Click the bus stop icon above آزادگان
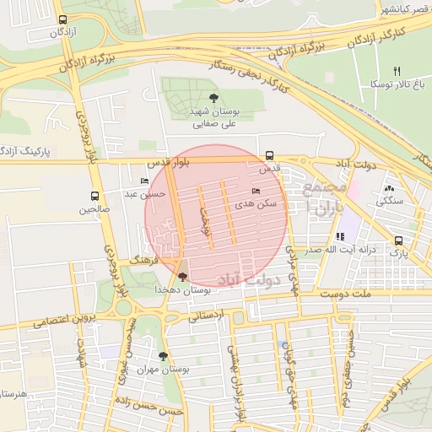[x=62, y=20]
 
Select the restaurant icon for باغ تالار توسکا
[x=397, y=72]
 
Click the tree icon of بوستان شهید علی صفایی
[x=213, y=99]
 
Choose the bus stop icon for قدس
[x=269, y=155]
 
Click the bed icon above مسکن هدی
[x=256, y=192]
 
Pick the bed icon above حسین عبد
[x=144, y=181]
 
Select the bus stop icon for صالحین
[x=94, y=196]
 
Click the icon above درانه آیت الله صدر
[x=340, y=237]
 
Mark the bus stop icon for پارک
[x=398, y=240]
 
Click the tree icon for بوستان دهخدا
[x=183, y=277]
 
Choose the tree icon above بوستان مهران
[x=163, y=356]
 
